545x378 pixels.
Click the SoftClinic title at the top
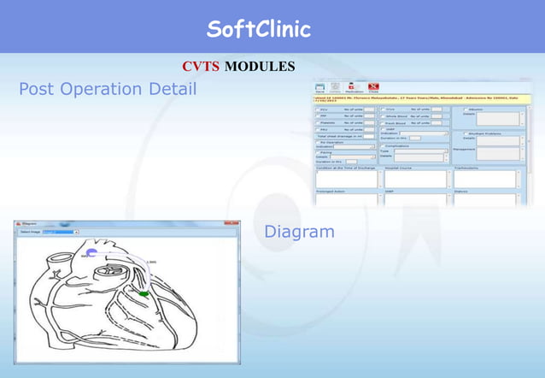coord(258,30)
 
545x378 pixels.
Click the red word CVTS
coord(200,67)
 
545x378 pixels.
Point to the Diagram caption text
coord(299,231)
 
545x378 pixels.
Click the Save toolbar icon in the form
coord(319,86)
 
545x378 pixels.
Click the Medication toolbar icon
coord(353,86)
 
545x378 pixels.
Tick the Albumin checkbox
coord(465,109)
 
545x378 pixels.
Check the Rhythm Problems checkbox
coord(465,133)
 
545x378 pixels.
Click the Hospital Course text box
coord(415,179)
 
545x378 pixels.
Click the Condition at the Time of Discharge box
coord(346,179)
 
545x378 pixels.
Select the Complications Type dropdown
coord(419,151)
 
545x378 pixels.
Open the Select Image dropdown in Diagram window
coord(60,232)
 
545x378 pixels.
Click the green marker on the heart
coord(144,294)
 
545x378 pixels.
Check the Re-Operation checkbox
coord(318,141)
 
